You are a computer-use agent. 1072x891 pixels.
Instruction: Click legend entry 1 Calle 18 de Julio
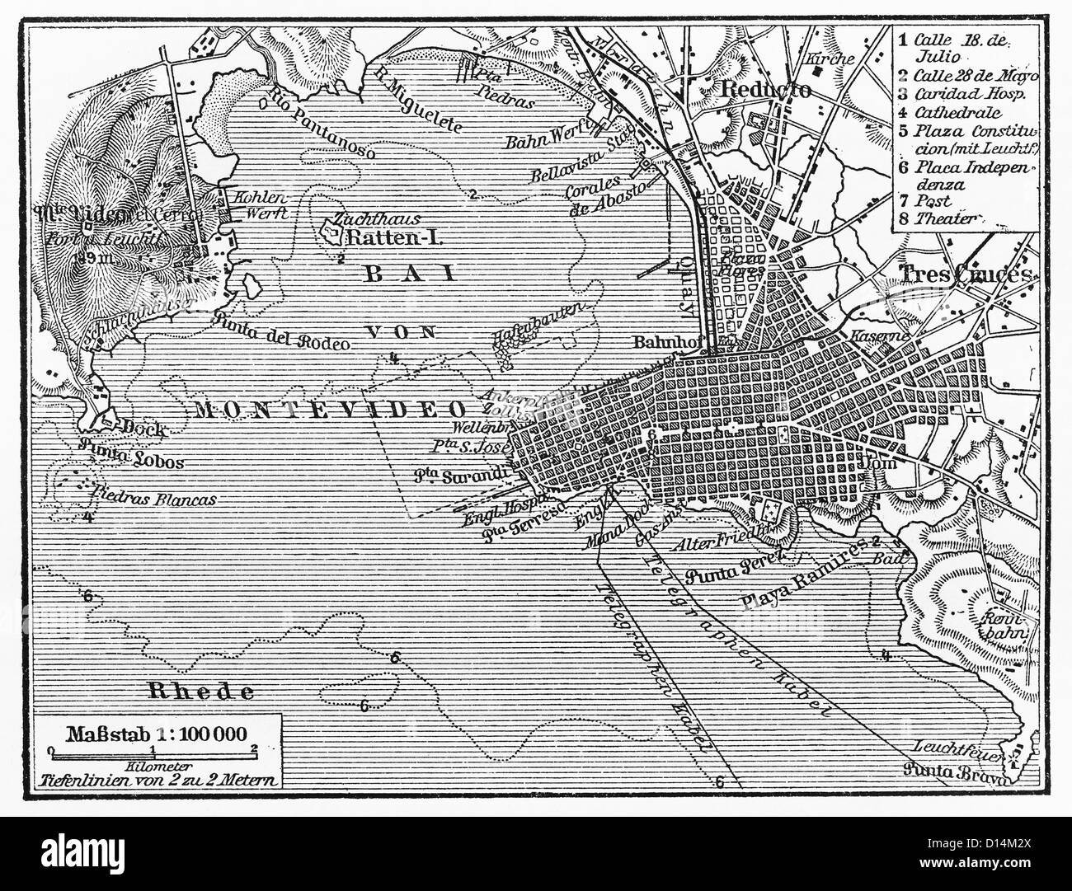[x=956, y=47]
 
